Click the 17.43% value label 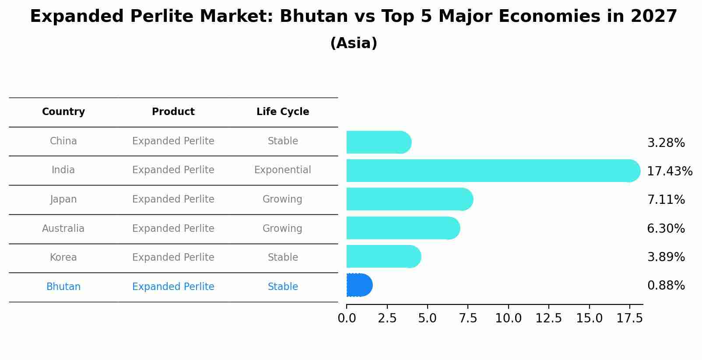click(669, 171)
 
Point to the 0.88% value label click(666, 286)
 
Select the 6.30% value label click(666, 228)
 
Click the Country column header click(63, 112)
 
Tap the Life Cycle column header click(283, 112)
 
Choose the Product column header click(173, 112)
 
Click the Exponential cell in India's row click(283, 170)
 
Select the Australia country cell click(63, 228)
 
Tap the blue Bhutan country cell click(63, 287)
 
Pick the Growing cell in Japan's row click(283, 199)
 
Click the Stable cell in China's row click(283, 141)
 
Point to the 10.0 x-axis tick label click(508, 318)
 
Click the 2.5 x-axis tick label click(387, 318)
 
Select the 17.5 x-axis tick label click(629, 318)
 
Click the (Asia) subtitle click(354, 43)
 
